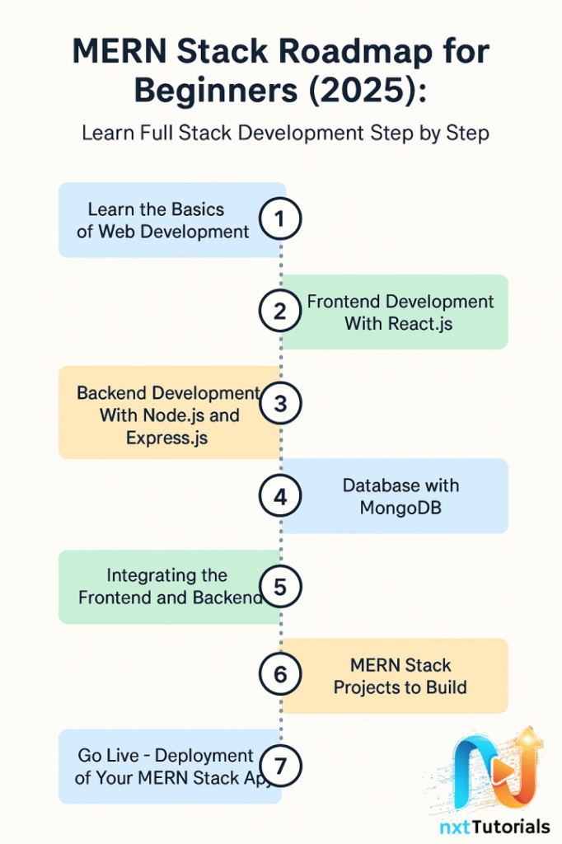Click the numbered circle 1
click(x=280, y=219)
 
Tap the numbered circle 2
click(x=280, y=312)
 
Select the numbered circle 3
click(x=280, y=404)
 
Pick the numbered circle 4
click(x=280, y=496)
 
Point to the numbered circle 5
click(x=280, y=587)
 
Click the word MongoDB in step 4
click(x=400, y=508)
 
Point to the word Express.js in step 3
click(x=166, y=438)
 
